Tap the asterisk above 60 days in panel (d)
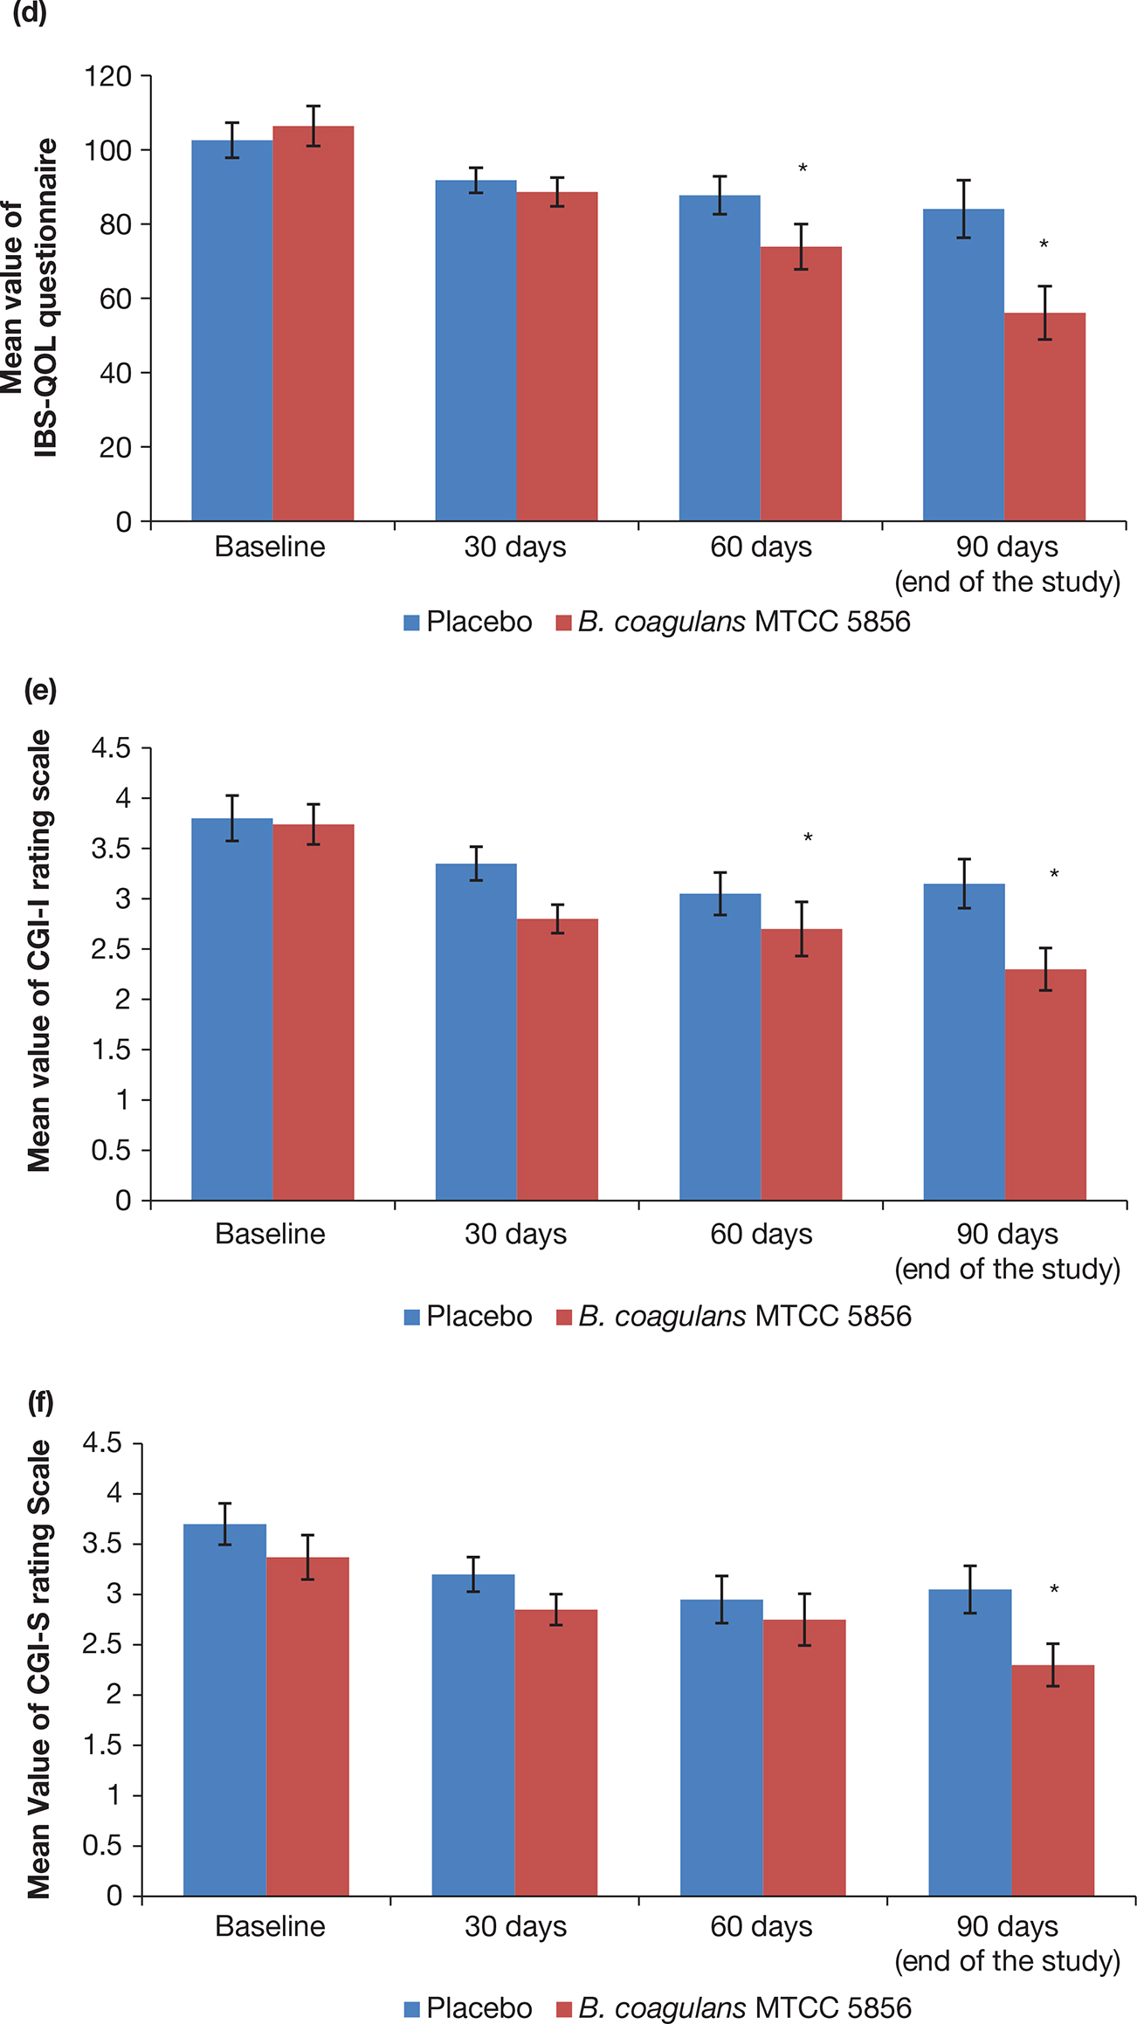[803, 168]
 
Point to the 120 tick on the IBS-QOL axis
[107, 77]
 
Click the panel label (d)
[29, 12]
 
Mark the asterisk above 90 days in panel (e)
[1054, 874]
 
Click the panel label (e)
[40, 690]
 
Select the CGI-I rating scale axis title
[39, 952]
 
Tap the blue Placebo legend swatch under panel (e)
[412, 1317]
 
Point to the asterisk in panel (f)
[1054, 1589]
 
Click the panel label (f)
[40, 1402]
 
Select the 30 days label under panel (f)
[515, 1926]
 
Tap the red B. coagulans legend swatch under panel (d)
[564, 623]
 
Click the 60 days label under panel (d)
[761, 547]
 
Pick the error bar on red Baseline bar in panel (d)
[314, 126]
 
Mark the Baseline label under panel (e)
[270, 1234]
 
